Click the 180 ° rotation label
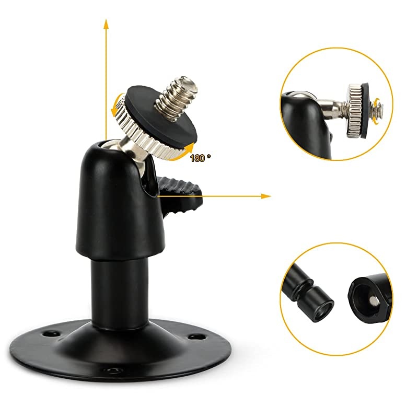pos(199,157)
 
